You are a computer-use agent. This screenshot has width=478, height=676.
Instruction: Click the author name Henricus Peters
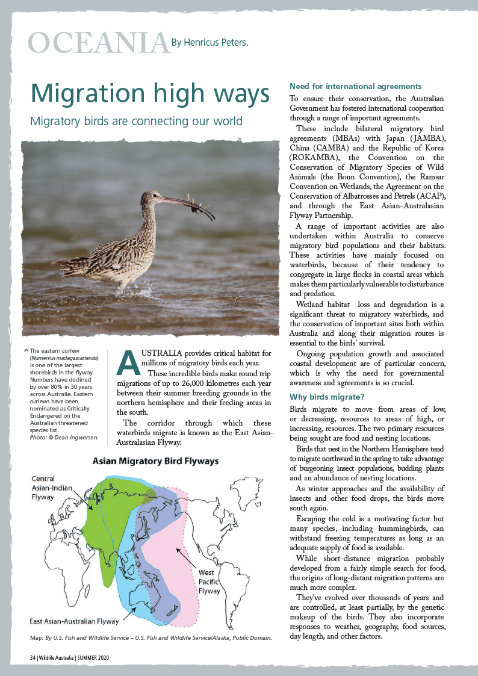point(210,43)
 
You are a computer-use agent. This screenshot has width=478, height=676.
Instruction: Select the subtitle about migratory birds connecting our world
point(136,121)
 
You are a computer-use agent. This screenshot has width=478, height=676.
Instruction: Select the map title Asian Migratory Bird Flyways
point(155,461)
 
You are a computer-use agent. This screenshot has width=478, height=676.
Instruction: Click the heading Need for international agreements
point(355,87)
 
